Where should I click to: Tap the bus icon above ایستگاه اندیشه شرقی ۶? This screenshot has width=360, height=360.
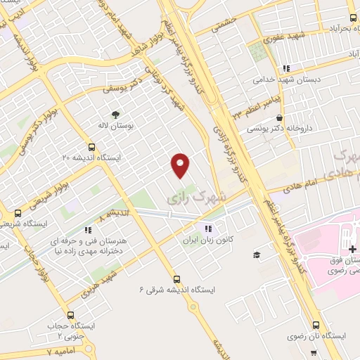(176, 278)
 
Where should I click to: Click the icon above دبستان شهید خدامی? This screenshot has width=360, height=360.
(285, 68)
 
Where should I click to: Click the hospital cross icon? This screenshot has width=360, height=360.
(352, 250)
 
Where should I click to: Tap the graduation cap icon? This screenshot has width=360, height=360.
(257, 255)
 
